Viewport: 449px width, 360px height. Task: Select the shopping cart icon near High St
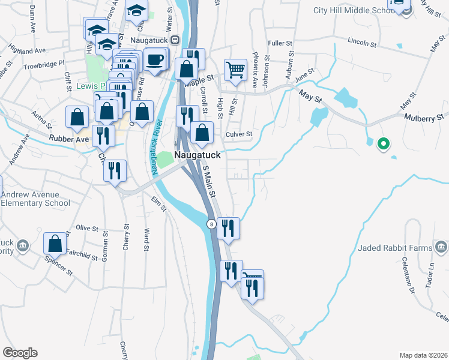coord(235,69)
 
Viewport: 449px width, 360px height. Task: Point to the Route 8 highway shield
coord(211,224)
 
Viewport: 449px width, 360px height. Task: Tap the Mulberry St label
coord(424,118)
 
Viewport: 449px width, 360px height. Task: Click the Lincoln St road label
coord(361,43)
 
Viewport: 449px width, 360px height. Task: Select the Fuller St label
coord(280,43)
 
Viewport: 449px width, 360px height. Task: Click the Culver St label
coord(238,134)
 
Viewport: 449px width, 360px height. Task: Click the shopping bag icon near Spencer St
coord(55,243)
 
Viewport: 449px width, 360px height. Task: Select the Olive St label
coord(86,228)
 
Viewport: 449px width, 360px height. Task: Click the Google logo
coord(20,353)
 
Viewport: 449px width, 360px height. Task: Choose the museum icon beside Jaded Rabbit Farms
coord(441,247)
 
